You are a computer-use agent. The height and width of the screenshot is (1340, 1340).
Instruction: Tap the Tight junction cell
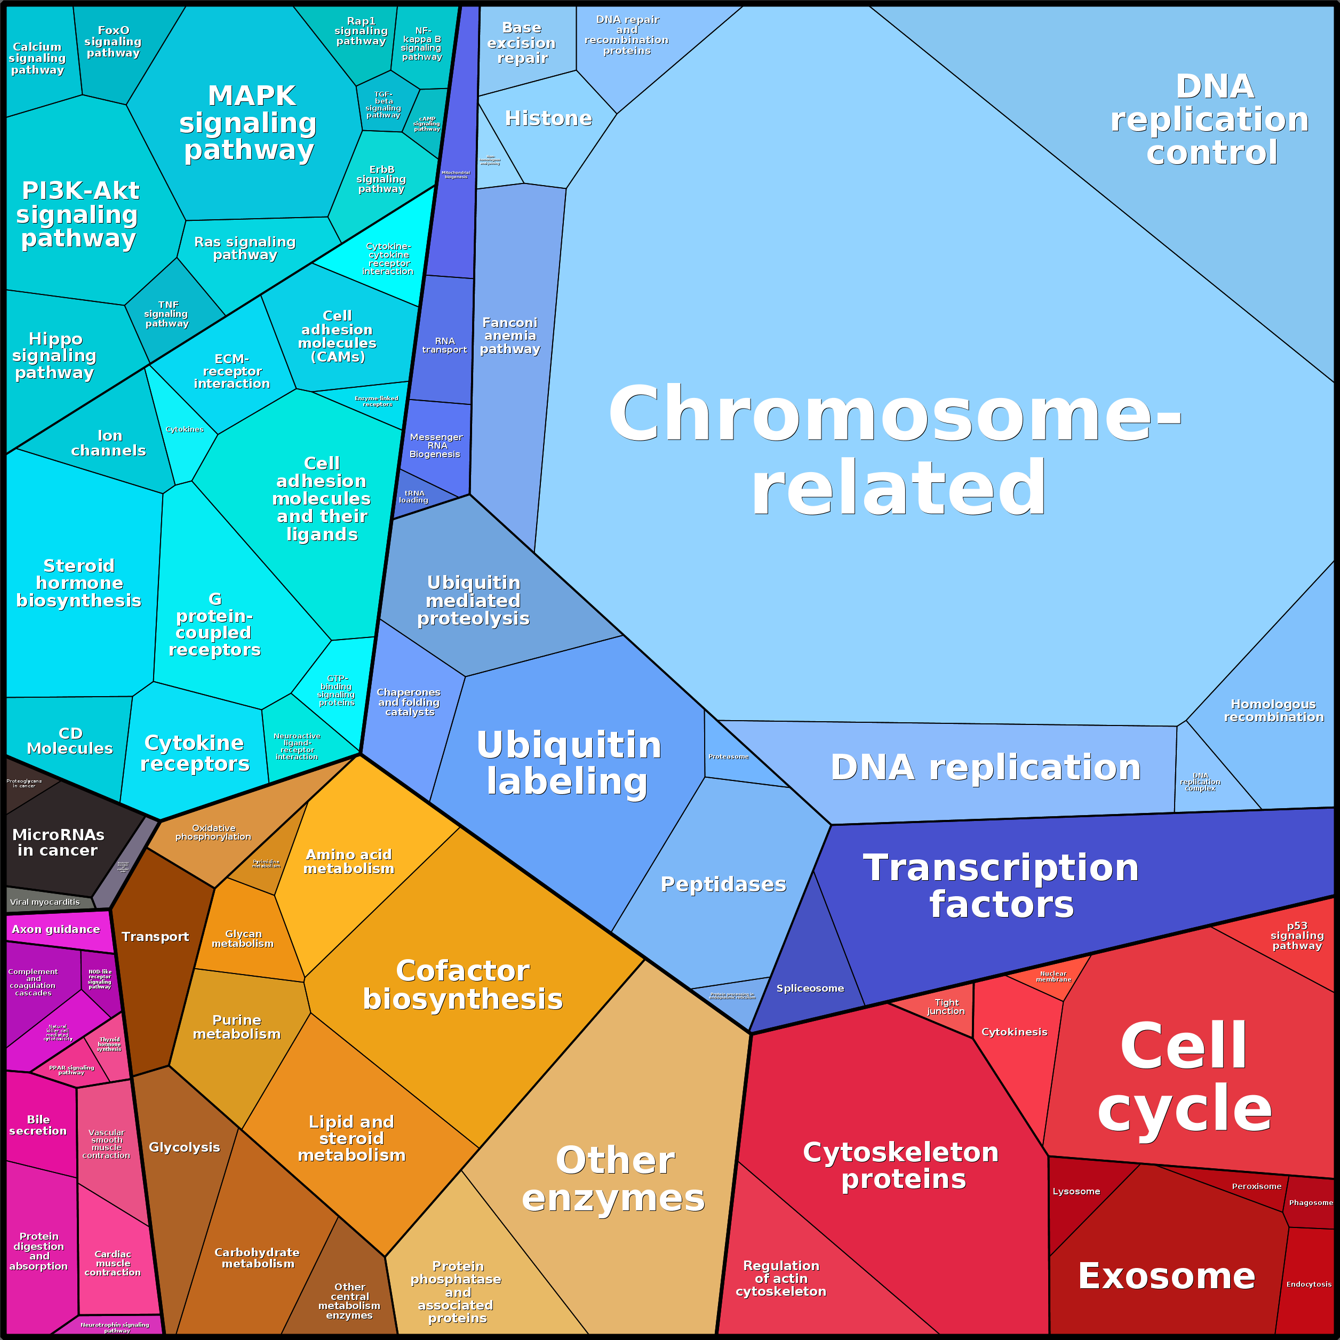coord(946,1007)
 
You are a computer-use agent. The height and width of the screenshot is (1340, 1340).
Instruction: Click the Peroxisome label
coord(1256,1186)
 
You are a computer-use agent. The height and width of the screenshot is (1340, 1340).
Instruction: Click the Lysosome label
coord(1076,1191)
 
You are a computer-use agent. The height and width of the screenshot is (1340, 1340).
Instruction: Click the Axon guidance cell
coord(55,929)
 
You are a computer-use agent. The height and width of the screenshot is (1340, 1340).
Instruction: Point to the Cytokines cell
coord(185,430)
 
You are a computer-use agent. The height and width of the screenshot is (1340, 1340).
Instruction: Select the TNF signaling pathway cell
coord(166,314)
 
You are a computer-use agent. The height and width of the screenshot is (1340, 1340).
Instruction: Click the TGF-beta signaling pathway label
coord(383,105)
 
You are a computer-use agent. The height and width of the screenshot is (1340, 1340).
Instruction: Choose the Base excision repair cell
coord(522,43)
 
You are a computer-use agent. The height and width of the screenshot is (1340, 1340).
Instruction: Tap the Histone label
coord(548,118)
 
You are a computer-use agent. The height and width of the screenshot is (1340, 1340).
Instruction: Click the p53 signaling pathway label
coord(1296,935)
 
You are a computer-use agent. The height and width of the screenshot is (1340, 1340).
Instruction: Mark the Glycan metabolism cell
coord(243,938)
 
